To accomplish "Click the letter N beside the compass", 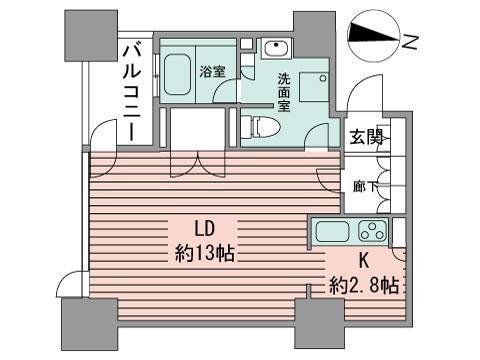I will pyautogui.click(x=410, y=41).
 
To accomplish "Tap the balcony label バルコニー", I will pyautogui.click(x=129, y=88).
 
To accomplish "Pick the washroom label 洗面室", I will pyautogui.click(x=285, y=93).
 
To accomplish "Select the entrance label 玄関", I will pyautogui.click(x=364, y=138).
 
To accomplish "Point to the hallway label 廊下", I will pyautogui.click(x=365, y=184).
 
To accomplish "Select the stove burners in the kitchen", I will pyautogui.click(x=371, y=232).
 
